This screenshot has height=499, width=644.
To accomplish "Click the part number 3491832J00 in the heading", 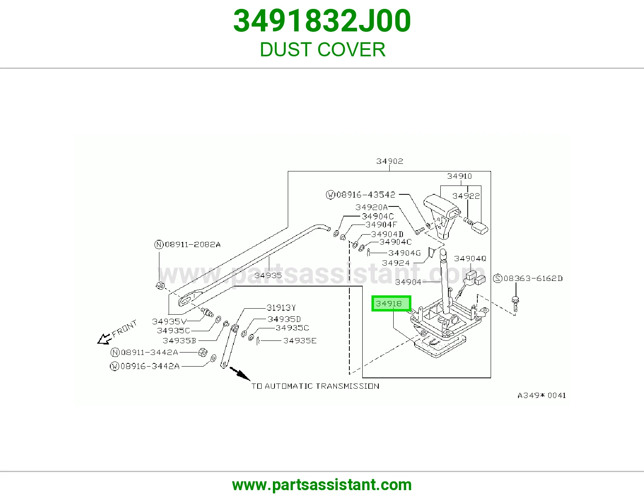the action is tap(322, 21).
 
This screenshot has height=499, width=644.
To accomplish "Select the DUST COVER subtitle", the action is tap(322, 49).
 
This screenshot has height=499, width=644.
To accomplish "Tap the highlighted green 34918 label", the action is tap(391, 303).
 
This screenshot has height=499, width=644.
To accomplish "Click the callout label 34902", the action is tap(390, 161).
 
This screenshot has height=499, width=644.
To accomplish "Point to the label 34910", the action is tap(459, 176).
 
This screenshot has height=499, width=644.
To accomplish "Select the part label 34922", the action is tap(466, 196).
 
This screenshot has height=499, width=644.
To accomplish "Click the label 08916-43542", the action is tap(361, 195).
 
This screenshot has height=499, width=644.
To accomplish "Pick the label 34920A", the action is tap(372, 207).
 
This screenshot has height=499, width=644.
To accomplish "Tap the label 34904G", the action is tap(405, 253).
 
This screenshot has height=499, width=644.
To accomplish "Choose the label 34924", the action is tap(396, 263).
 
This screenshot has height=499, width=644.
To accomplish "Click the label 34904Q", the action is tap(470, 259).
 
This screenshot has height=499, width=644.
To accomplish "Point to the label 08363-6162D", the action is tap(528, 278).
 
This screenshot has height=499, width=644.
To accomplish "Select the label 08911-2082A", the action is tap(188, 244).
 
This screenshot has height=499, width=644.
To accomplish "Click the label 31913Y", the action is tap(281, 307).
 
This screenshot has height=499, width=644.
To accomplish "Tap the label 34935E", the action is tap(300, 341).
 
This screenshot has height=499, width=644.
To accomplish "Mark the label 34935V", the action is tap(169, 322).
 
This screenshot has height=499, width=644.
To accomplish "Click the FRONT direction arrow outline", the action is tap(104, 339).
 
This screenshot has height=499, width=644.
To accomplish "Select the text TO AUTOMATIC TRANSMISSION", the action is tap(315, 386).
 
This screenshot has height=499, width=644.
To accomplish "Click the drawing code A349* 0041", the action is tap(542, 395).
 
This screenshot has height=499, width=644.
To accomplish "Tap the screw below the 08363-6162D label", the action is tap(515, 304).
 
